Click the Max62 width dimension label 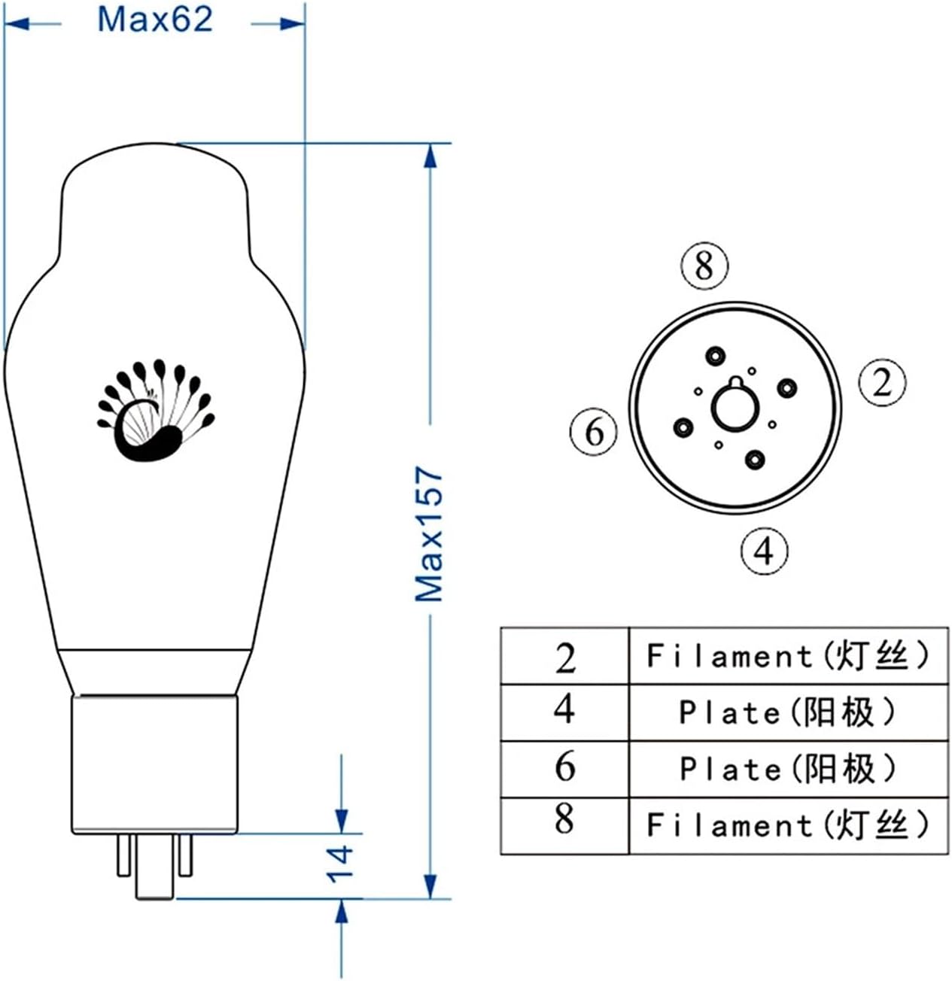pos(155,20)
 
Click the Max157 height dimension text pos(430,534)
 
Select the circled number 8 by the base pos(704,266)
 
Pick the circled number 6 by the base pos(594,432)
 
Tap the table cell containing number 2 pos(565,657)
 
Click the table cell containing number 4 pos(565,712)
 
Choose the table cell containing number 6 pos(565,768)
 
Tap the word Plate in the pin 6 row pos(728,769)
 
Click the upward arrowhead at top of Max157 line pos(430,156)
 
